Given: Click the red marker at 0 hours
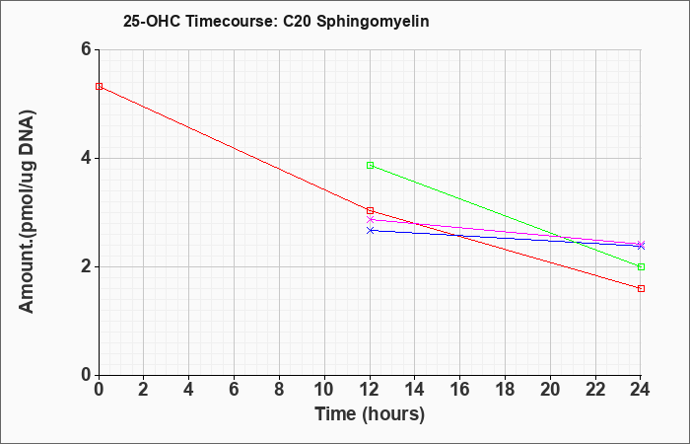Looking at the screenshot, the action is [x=99, y=87].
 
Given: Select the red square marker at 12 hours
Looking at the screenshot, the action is [x=370, y=210].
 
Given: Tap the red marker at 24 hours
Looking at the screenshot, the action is [x=641, y=288].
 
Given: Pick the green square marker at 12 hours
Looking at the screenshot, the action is [x=370, y=165].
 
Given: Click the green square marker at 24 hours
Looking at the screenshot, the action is [x=641, y=267].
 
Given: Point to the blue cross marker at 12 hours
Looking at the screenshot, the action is [x=370, y=230].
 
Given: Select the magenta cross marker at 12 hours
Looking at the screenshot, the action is [x=370, y=219].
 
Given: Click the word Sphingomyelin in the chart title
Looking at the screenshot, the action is [x=373, y=22].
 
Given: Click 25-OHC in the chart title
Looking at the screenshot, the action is [x=152, y=22].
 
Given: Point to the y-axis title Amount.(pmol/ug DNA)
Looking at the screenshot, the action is [x=27, y=211].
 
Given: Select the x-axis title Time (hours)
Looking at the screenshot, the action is [x=370, y=414].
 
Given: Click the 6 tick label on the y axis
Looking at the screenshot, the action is [x=87, y=49].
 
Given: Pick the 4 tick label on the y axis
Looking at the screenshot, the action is [x=87, y=158].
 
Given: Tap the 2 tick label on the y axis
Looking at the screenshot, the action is [x=87, y=266].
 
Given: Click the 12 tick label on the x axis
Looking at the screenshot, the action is [x=370, y=390].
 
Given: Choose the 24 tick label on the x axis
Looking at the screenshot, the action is [x=641, y=390].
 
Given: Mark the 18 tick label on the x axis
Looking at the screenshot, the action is [x=505, y=390].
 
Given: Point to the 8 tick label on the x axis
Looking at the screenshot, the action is [x=279, y=390].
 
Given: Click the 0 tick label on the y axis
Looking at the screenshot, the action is [x=87, y=375].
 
